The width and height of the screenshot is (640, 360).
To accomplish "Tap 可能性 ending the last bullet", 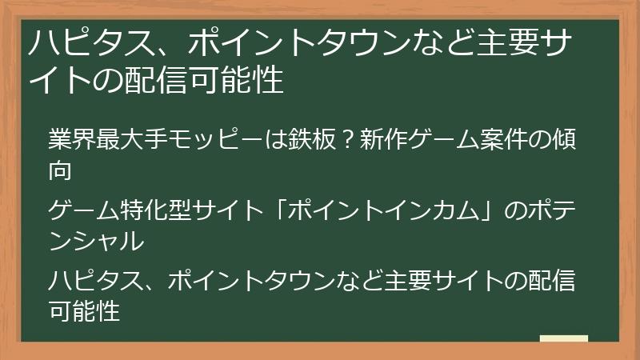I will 85,310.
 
